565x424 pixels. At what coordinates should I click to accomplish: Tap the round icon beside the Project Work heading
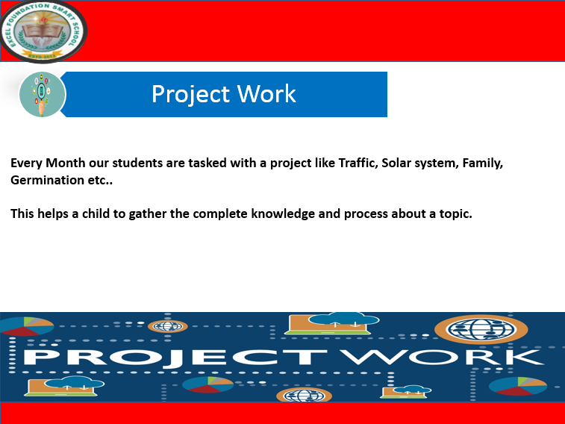[x=43, y=95]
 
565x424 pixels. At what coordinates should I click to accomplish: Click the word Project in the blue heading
[x=190, y=94]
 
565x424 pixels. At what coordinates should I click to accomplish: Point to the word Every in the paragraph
[x=26, y=163]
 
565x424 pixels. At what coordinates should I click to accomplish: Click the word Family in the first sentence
[x=483, y=163]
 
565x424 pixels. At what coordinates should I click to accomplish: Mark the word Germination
[x=46, y=181]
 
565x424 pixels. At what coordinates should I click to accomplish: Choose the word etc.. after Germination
[x=99, y=181]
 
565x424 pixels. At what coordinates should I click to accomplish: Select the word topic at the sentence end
[x=455, y=213]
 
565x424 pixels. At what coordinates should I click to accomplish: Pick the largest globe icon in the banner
[x=480, y=328]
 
